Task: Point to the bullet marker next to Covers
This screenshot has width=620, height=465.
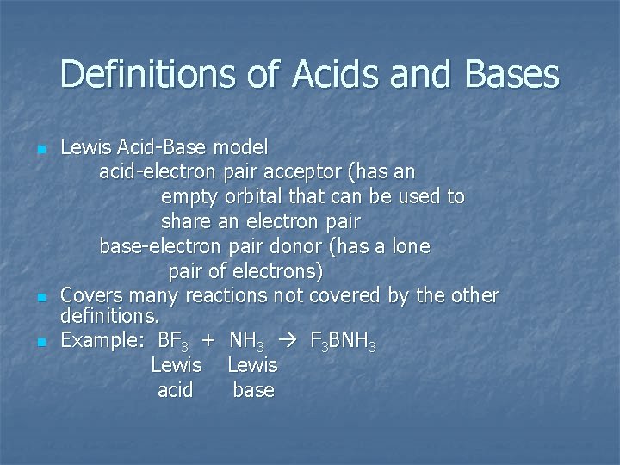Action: (40, 297)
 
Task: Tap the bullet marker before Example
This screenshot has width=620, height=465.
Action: (40, 342)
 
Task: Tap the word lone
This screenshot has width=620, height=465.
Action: (411, 246)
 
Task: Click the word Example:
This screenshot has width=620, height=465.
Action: (96, 341)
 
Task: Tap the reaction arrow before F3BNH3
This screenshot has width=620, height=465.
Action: (294, 341)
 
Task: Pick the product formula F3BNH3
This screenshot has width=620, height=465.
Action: (342, 342)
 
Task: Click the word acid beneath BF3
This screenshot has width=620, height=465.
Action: (176, 390)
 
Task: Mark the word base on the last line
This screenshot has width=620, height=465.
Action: (253, 390)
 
